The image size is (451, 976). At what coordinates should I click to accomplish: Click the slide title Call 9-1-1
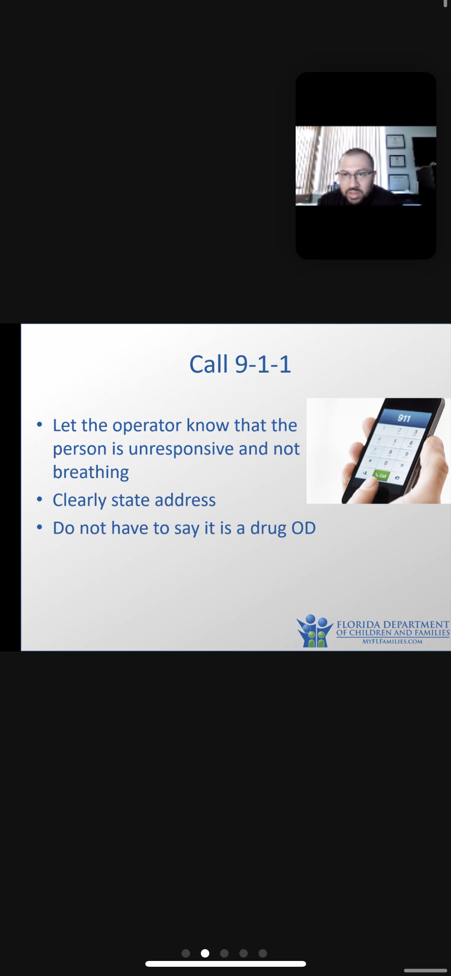(x=240, y=364)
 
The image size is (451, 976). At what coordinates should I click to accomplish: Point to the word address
(x=185, y=500)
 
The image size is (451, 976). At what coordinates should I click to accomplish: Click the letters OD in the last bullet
(x=303, y=528)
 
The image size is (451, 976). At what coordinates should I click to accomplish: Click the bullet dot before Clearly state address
(x=39, y=500)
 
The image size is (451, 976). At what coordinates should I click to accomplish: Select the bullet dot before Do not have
(x=39, y=527)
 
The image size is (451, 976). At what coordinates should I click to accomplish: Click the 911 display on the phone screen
(x=404, y=418)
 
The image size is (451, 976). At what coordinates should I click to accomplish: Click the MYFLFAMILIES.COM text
(x=392, y=641)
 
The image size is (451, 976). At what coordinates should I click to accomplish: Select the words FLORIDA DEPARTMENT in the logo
(x=393, y=624)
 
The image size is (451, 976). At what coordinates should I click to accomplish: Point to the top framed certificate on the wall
(x=395, y=142)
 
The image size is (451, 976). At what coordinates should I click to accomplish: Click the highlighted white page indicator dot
(x=205, y=953)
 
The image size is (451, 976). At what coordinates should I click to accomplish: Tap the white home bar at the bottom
(x=225, y=964)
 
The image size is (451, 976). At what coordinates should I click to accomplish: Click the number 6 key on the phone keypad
(x=411, y=443)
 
